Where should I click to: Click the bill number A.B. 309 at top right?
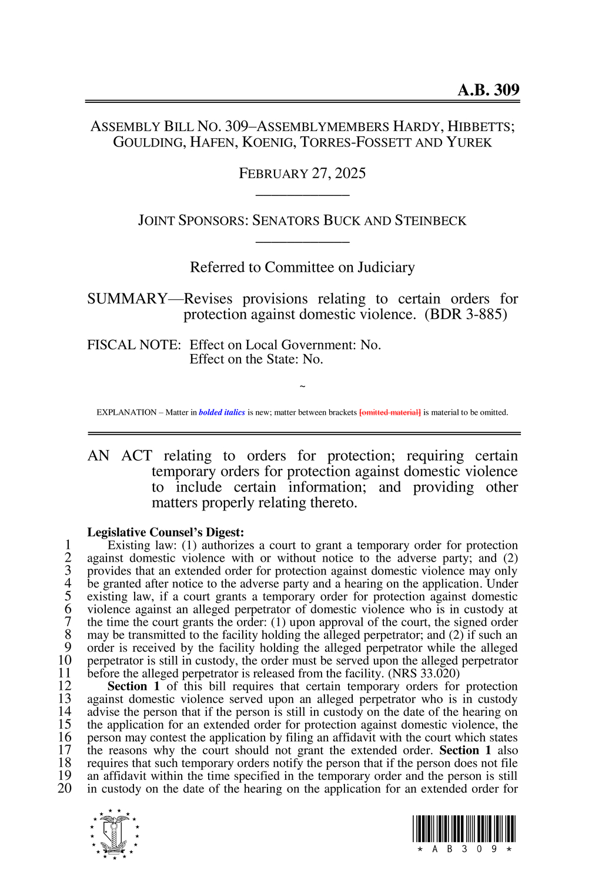(488, 90)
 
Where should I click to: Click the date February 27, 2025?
(302, 174)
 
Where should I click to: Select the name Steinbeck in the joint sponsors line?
(430, 221)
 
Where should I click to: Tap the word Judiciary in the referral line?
(386, 268)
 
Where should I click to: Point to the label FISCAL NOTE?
(133, 345)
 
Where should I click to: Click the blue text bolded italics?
(222, 412)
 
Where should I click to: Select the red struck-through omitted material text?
(390, 412)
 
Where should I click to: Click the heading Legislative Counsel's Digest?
(165, 532)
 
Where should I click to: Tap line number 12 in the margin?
(64, 686)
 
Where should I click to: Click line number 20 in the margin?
(64, 789)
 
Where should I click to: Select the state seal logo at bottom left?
(115, 834)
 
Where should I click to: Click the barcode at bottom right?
(464, 830)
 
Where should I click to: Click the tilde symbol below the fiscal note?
(302, 386)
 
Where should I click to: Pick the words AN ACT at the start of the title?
(120, 456)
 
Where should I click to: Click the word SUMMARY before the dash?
(127, 299)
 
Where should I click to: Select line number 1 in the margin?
(68, 545)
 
